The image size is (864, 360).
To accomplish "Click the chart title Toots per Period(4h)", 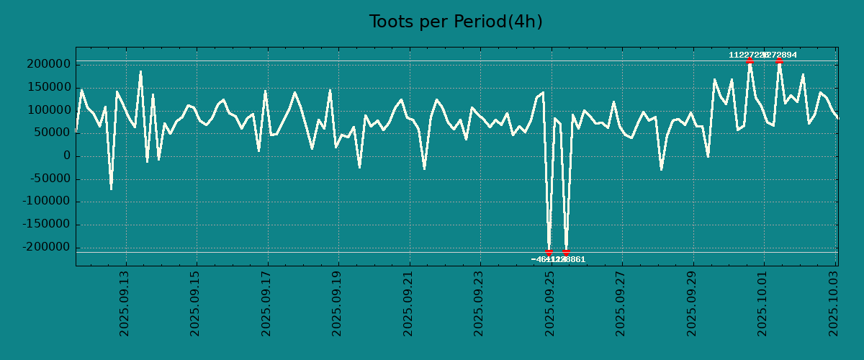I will click(456, 22).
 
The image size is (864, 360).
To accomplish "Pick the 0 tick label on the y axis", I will click(67, 156).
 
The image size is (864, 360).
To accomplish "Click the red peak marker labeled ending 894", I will click(779, 60).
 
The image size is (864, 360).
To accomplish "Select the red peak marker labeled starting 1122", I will click(750, 60).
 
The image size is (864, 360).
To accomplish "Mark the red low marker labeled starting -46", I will click(549, 253).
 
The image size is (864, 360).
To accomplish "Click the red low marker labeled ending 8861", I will click(566, 253).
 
